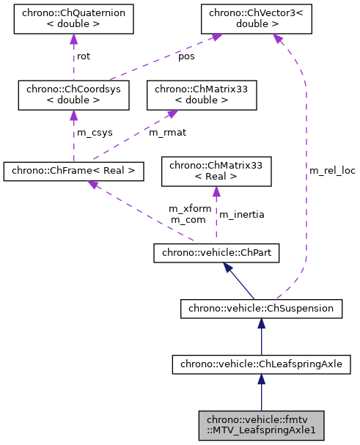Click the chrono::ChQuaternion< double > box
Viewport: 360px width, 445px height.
pyautogui.click(x=73, y=20)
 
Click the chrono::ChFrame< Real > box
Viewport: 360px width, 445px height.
pyautogui.click(x=73, y=172)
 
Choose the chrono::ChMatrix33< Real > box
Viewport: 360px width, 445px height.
pyautogui.click(x=216, y=172)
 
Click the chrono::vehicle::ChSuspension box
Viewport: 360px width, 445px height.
pyautogui.click(x=261, y=309)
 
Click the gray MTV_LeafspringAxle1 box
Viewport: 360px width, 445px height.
pyautogui.click(x=261, y=424)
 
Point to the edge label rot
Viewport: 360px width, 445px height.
pyautogui.click(x=84, y=56)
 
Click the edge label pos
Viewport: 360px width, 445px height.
pyautogui.click(x=186, y=56)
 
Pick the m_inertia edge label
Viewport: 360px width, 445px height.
pyautogui.click(x=242, y=214)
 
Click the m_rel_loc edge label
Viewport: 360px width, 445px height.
pyautogui.click(x=332, y=170)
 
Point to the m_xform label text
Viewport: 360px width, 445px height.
pyautogui.click(x=190, y=208)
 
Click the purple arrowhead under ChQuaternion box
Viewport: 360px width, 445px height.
pyautogui.click(x=73, y=40)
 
